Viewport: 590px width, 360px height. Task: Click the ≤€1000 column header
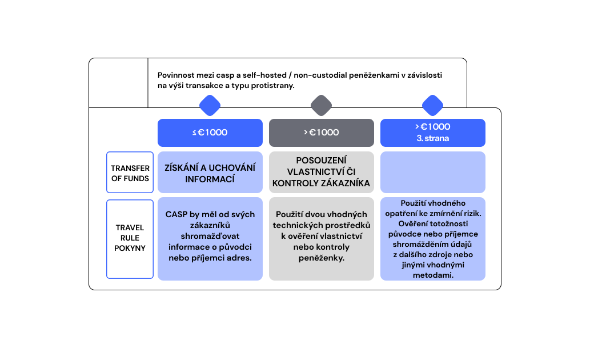point(210,133)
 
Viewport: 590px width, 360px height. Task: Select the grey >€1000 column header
point(322,133)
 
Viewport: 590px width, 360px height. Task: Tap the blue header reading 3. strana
point(433,133)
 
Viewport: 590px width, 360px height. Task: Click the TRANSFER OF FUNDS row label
point(130,173)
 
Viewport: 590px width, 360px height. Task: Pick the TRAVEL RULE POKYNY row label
point(130,239)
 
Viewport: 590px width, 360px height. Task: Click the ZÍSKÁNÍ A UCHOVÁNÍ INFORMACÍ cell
point(210,173)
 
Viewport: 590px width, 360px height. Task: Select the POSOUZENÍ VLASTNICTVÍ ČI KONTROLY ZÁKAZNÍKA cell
point(322,173)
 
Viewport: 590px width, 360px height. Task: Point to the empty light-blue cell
point(433,173)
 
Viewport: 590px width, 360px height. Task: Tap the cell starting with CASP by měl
point(210,239)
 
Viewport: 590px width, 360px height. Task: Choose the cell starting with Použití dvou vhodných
point(322,239)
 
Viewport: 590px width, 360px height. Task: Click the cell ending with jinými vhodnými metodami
point(433,239)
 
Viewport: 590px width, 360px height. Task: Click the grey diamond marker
point(322,106)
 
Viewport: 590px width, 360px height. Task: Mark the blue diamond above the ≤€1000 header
point(210,106)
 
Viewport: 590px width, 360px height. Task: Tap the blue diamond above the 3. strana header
point(433,106)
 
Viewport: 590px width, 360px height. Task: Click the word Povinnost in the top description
point(175,75)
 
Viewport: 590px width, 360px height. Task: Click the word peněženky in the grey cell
point(322,258)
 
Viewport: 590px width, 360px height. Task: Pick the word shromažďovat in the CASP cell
point(210,236)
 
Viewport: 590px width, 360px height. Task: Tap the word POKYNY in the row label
point(130,248)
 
